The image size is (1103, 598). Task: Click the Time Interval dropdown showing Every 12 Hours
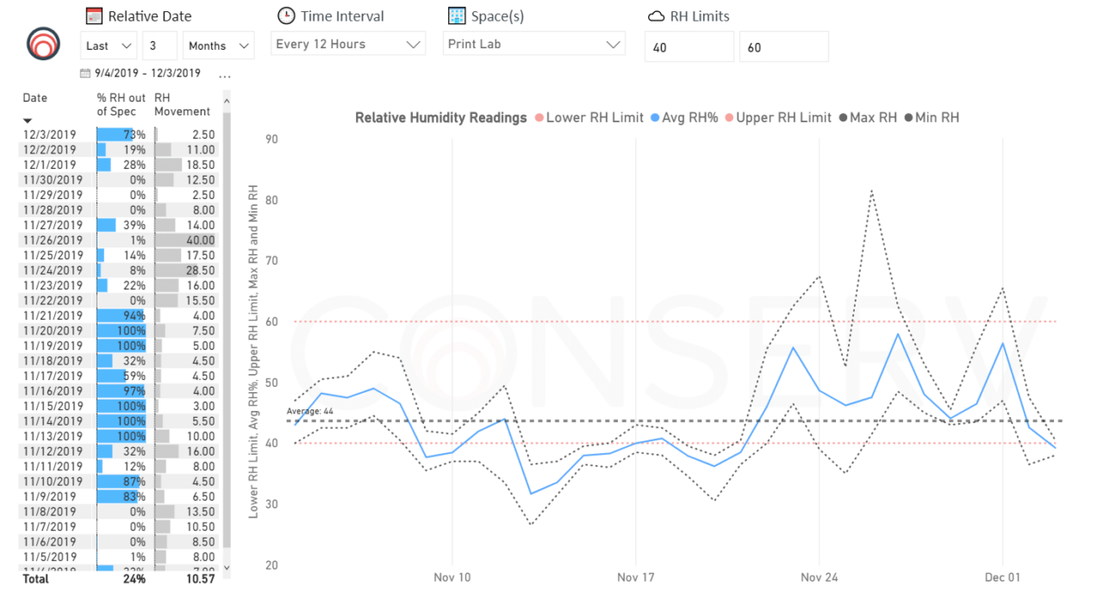coord(348,44)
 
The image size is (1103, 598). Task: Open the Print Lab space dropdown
coord(534,44)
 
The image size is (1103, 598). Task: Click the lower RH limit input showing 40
coord(689,47)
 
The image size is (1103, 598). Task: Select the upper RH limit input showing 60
coord(783,47)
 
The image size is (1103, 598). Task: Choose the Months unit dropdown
coord(218,46)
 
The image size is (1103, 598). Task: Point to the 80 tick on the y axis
coord(271,200)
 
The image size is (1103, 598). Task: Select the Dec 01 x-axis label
coord(1003,576)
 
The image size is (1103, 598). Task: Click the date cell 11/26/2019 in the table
coord(53,240)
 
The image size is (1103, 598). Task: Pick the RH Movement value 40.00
coord(198,240)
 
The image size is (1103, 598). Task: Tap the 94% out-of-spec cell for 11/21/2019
coord(121,315)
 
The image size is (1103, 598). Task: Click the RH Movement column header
coord(182,104)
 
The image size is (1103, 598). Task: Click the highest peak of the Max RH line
coord(871,190)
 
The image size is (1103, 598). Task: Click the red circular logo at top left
coord(43,42)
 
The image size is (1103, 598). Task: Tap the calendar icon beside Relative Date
coord(94,16)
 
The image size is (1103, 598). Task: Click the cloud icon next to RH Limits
coord(656,16)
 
